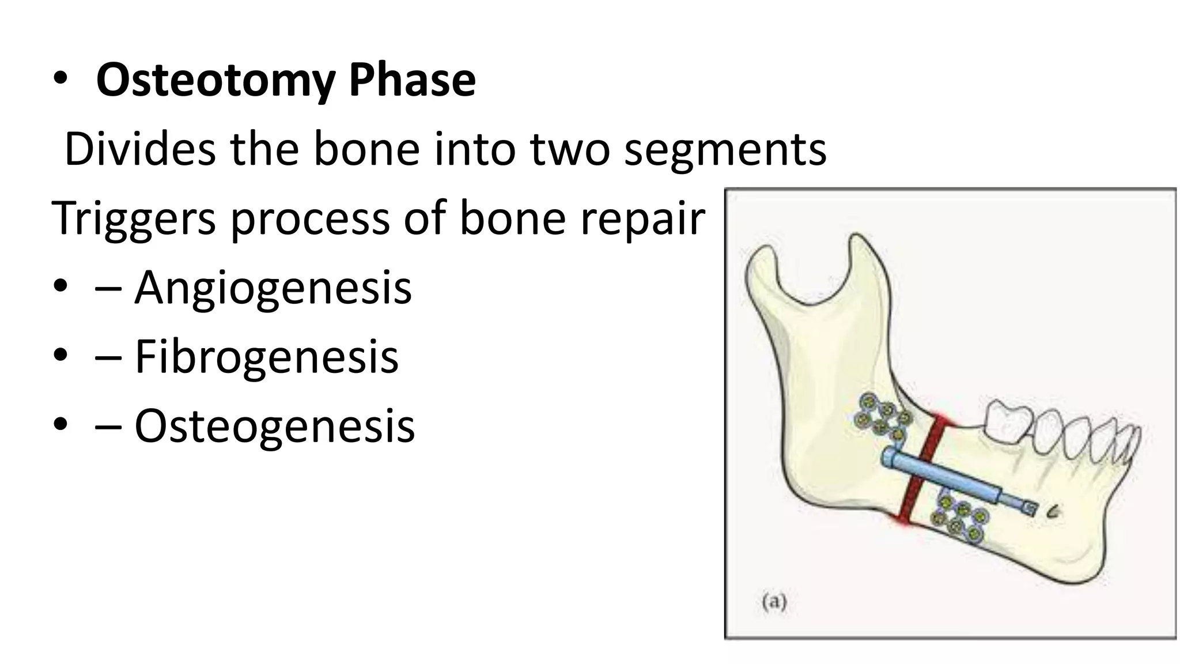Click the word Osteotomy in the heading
tap(215, 81)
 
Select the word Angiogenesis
tap(273, 287)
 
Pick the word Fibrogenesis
tap(266, 356)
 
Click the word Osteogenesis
tap(274, 425)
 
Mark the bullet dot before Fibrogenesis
tap(60, 356)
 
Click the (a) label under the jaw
tap(774, 602)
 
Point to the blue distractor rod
tap(951, 478)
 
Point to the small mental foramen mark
tap(1054, 511)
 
